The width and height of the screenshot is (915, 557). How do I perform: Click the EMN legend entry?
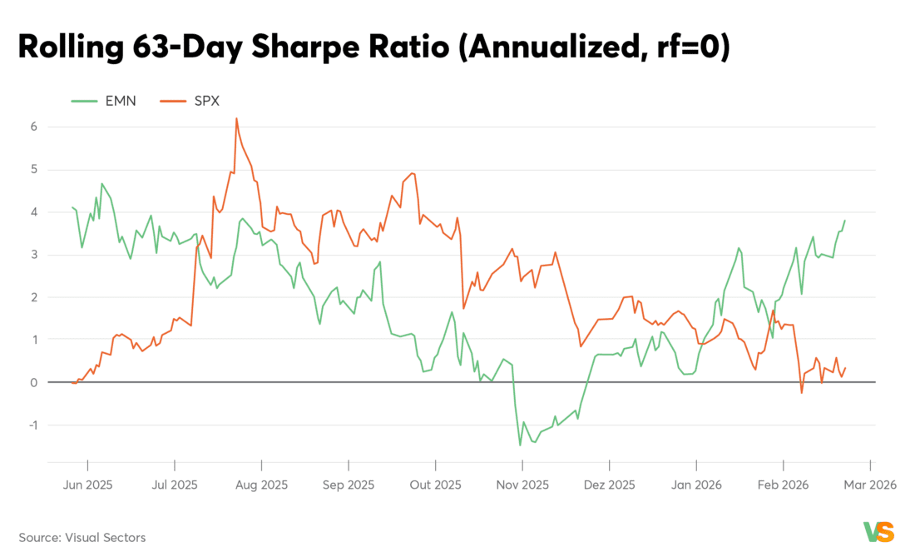[103, 101]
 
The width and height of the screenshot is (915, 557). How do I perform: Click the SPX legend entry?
[178, 101]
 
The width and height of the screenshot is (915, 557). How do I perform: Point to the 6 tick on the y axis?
[33, 127]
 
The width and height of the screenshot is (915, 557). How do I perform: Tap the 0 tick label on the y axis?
[33, 383]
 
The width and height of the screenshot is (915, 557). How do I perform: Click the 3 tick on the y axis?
[33, 255]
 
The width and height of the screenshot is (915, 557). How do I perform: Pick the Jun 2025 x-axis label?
[87, 485]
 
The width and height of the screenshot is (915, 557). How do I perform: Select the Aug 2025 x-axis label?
[262, 485]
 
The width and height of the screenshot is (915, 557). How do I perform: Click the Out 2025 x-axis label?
[435, 485]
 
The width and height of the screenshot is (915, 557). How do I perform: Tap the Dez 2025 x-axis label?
[609, 485]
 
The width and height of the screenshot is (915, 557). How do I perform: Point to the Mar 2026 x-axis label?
[870, 485]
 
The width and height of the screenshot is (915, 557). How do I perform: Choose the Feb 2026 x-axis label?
[783, 485]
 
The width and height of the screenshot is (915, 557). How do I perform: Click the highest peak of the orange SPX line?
[236, 118]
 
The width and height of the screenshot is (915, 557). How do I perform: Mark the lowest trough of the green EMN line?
[521, 445]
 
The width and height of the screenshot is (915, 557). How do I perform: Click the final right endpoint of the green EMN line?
[845, 221]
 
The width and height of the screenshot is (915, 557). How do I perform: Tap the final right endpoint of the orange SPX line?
[845, 368]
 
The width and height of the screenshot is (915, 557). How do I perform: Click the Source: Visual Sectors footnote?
[82, 538]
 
